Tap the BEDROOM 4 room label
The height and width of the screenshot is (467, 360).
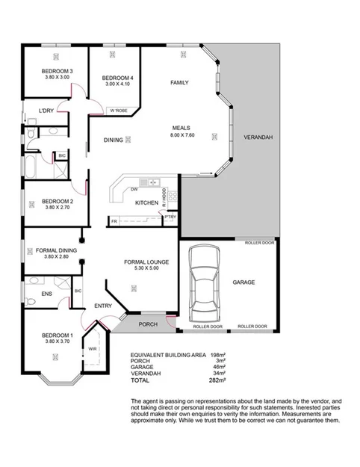tap(117, 78)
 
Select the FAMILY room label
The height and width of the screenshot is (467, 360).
tap(179, 82)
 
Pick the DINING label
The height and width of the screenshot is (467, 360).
tap(113, 139)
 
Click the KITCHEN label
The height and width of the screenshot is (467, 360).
tap(146, 202)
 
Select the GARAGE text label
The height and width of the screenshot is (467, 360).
tap(243, 282)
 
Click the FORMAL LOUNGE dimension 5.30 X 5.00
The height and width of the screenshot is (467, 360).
tap(146, 269)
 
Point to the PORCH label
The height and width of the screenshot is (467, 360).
tap(148, 324)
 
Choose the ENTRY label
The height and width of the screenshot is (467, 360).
tap(102, 306)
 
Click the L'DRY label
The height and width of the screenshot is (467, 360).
tap(46, 111)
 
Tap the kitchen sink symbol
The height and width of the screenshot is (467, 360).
tap(153, 182)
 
